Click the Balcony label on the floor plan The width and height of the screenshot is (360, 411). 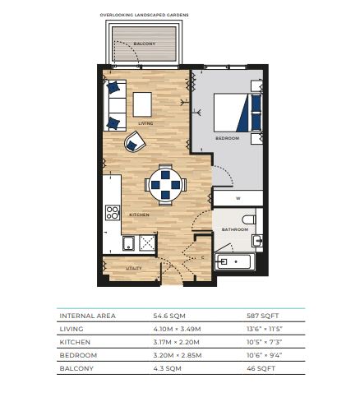145,44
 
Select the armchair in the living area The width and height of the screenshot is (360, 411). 135,141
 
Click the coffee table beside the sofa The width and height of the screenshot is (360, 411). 142,104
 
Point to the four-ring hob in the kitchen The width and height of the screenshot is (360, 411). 113,213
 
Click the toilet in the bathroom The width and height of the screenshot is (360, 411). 249,219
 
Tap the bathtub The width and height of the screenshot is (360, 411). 233,261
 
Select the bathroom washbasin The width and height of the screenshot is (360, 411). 257,241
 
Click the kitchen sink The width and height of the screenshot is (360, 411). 128,243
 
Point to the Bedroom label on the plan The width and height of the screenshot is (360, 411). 228,138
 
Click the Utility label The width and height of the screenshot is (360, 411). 134,268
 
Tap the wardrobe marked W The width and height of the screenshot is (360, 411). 238,198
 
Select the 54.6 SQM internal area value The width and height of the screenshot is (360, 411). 169,316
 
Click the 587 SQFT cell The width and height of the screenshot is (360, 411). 262,316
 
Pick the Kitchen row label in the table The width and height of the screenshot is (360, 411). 75,342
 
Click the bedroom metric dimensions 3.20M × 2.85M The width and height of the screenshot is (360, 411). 178,355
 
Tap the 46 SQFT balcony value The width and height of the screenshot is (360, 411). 261,368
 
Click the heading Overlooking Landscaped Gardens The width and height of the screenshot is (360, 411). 144,15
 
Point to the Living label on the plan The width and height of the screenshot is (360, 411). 145,123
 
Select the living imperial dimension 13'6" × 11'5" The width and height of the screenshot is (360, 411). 265,329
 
